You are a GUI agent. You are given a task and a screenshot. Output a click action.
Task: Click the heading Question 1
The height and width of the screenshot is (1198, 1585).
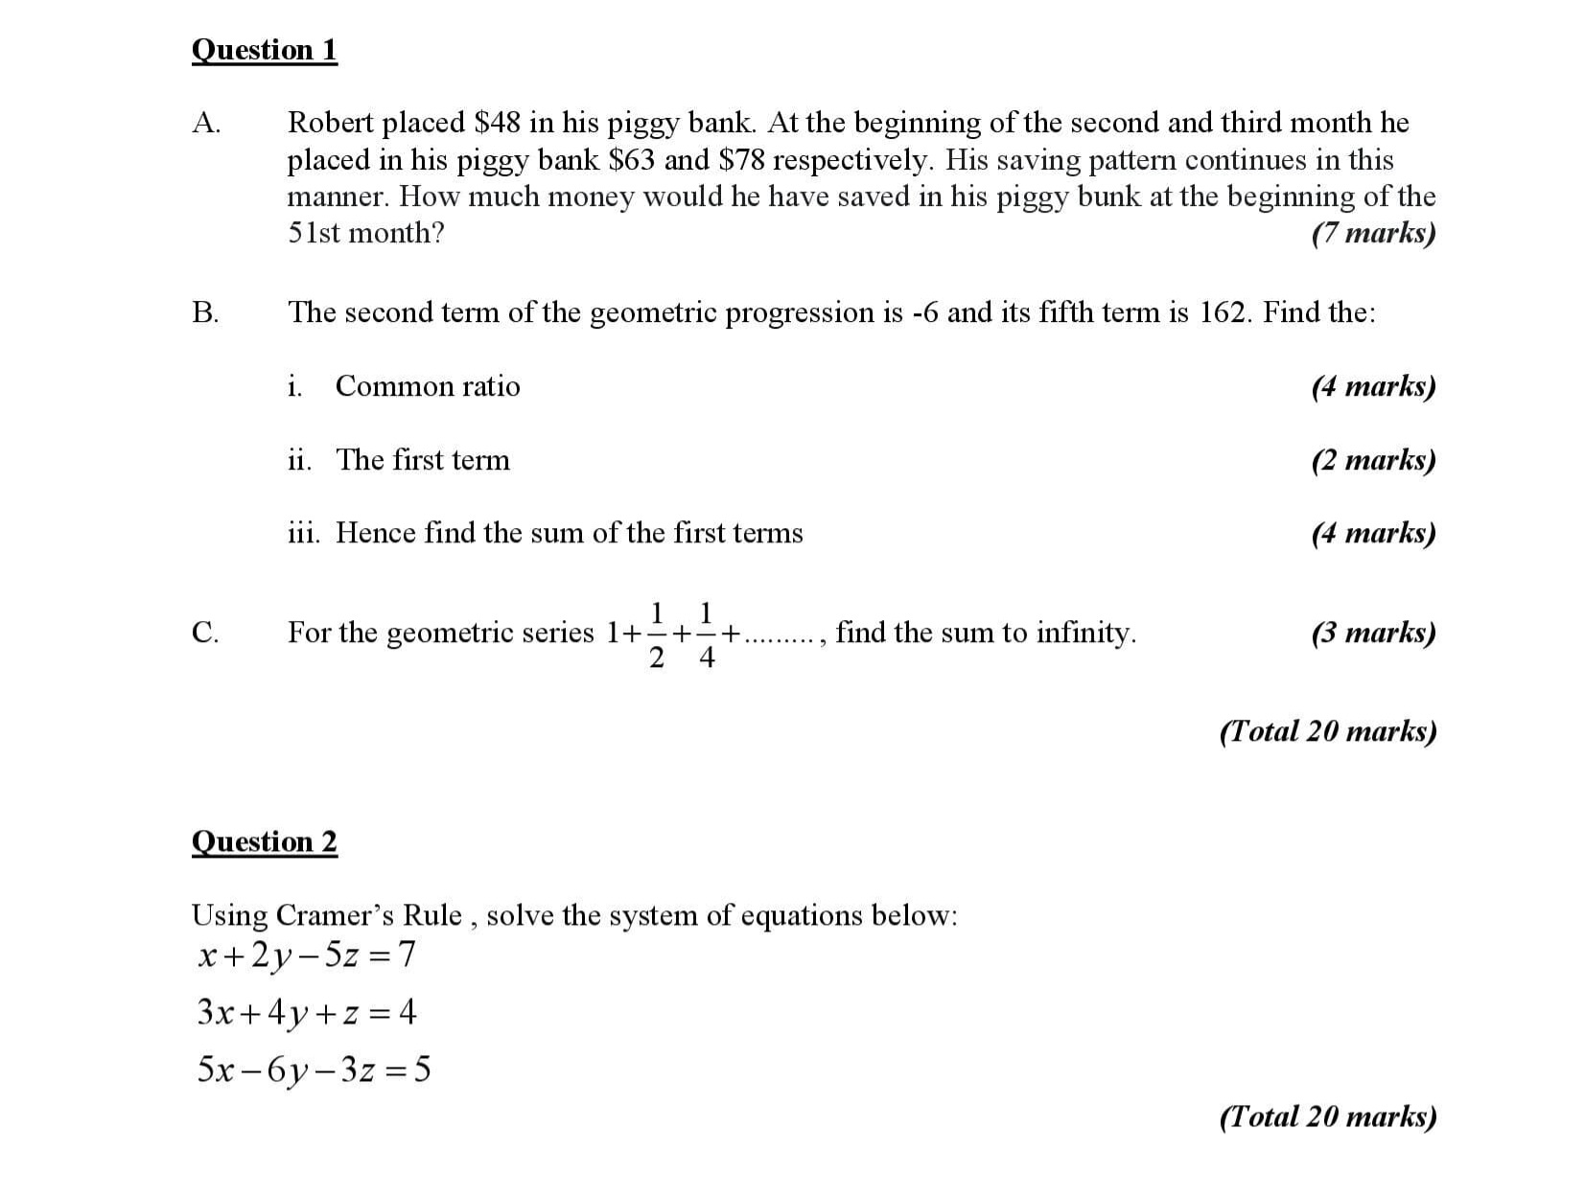265,50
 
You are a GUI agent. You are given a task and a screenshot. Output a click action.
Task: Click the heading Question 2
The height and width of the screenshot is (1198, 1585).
265,841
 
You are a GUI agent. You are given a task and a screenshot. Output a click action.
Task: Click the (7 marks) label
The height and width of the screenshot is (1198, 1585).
1373,233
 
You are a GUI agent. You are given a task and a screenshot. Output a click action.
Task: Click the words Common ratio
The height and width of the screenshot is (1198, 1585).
428,386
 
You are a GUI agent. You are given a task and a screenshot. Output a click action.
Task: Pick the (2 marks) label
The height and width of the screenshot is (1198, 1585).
1373,460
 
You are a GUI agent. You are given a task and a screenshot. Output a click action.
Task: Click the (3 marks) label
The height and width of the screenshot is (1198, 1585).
1373,633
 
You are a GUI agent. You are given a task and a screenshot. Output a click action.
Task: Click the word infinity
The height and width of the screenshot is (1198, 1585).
1088,633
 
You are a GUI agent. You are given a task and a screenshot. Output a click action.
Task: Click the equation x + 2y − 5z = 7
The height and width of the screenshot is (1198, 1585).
306,956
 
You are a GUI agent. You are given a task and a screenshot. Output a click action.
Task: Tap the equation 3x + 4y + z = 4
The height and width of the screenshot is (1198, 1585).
306,1012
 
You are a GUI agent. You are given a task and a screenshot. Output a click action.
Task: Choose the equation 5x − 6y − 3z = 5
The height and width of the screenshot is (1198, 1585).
313,1070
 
